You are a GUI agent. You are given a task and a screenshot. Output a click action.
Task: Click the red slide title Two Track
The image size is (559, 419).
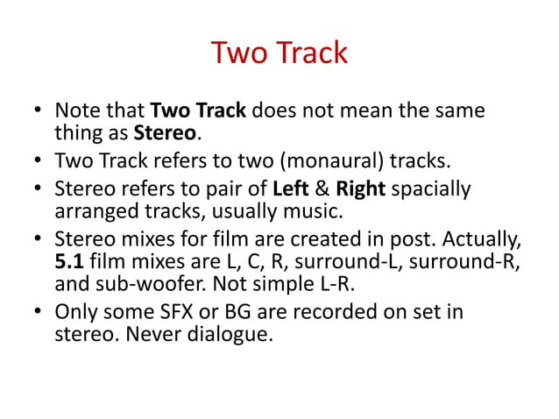(x=279, y=53)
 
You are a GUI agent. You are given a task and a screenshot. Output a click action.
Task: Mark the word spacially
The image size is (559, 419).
(x=431, y=189)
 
